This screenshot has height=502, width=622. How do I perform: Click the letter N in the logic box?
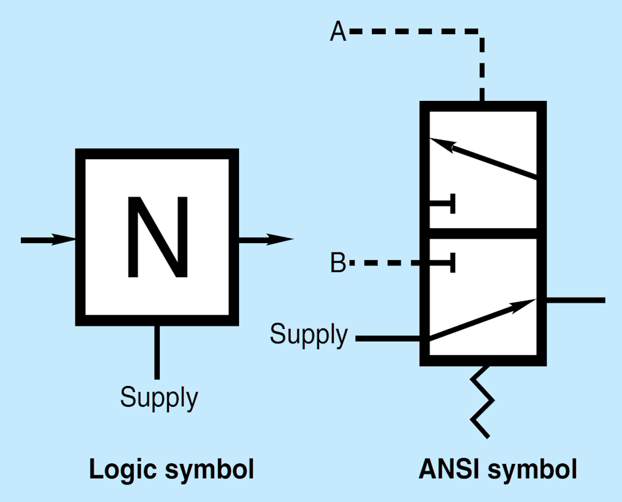point(157,237)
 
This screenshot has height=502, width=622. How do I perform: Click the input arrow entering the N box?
point(49,240)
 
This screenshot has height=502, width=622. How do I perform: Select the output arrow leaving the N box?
point(265,240)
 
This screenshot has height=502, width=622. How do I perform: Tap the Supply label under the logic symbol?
point(159,397)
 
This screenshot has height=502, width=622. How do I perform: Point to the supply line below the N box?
point(156,352)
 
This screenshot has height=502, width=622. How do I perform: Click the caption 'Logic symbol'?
point(171,470)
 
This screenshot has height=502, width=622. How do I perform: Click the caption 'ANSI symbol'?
point(498,470)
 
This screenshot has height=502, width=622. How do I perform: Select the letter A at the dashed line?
point(338,31)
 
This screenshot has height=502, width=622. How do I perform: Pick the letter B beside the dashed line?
point(338,263)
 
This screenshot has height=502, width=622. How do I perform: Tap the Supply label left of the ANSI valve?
point(309,334)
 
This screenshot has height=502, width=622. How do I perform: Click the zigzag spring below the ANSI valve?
point(482,401)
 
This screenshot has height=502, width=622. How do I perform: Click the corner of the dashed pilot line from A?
point(482,31)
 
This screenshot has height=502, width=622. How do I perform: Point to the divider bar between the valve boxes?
point(483,233)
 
